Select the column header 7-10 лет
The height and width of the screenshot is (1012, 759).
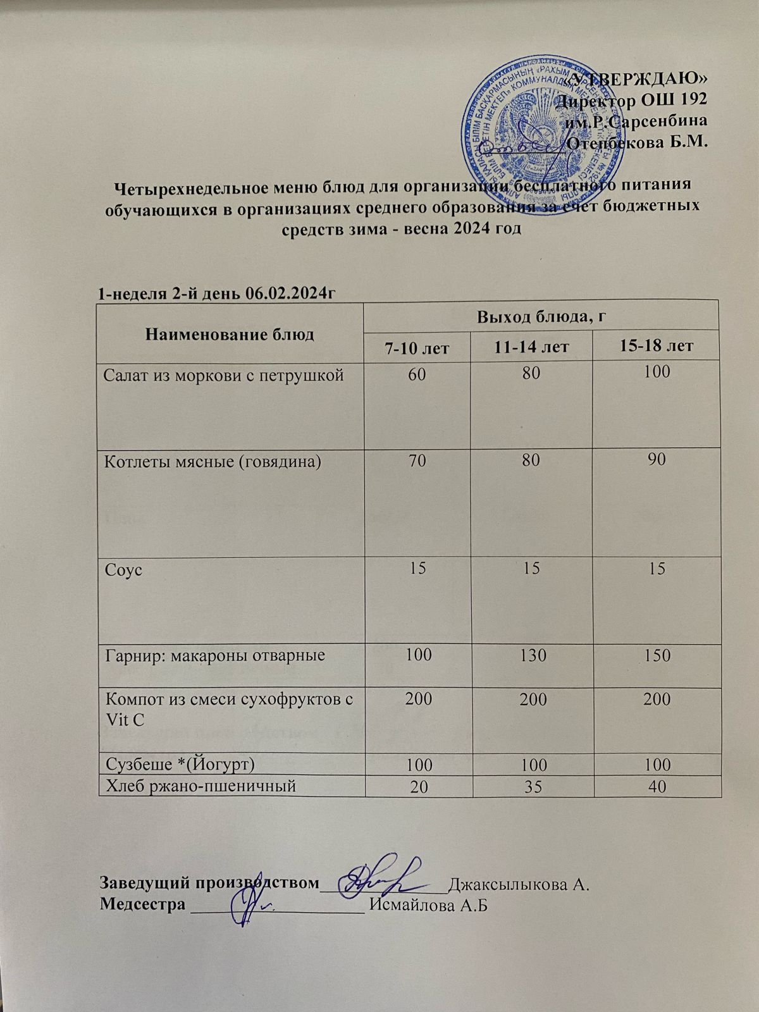coord(417,346)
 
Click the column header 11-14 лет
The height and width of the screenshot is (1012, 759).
coord(531,346)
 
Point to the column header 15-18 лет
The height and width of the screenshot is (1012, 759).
coord(657,346)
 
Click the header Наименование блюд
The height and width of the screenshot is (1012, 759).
coord(230,334)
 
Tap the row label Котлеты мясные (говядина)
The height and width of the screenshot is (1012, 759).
coord(213,462)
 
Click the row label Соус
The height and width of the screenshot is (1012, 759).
coord(123,569)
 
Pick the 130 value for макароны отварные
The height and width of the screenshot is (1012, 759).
coord(531,655)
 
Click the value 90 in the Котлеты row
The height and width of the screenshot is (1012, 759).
coord(657,460)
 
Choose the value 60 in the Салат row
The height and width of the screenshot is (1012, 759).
coord(417,373)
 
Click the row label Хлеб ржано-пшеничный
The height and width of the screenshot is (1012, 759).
coord(201,786)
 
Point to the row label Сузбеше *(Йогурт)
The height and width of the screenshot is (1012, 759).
coord(180,764)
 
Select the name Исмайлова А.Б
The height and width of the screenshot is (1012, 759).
coord(430,905)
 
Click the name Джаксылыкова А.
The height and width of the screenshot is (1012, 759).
coord(519,884)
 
